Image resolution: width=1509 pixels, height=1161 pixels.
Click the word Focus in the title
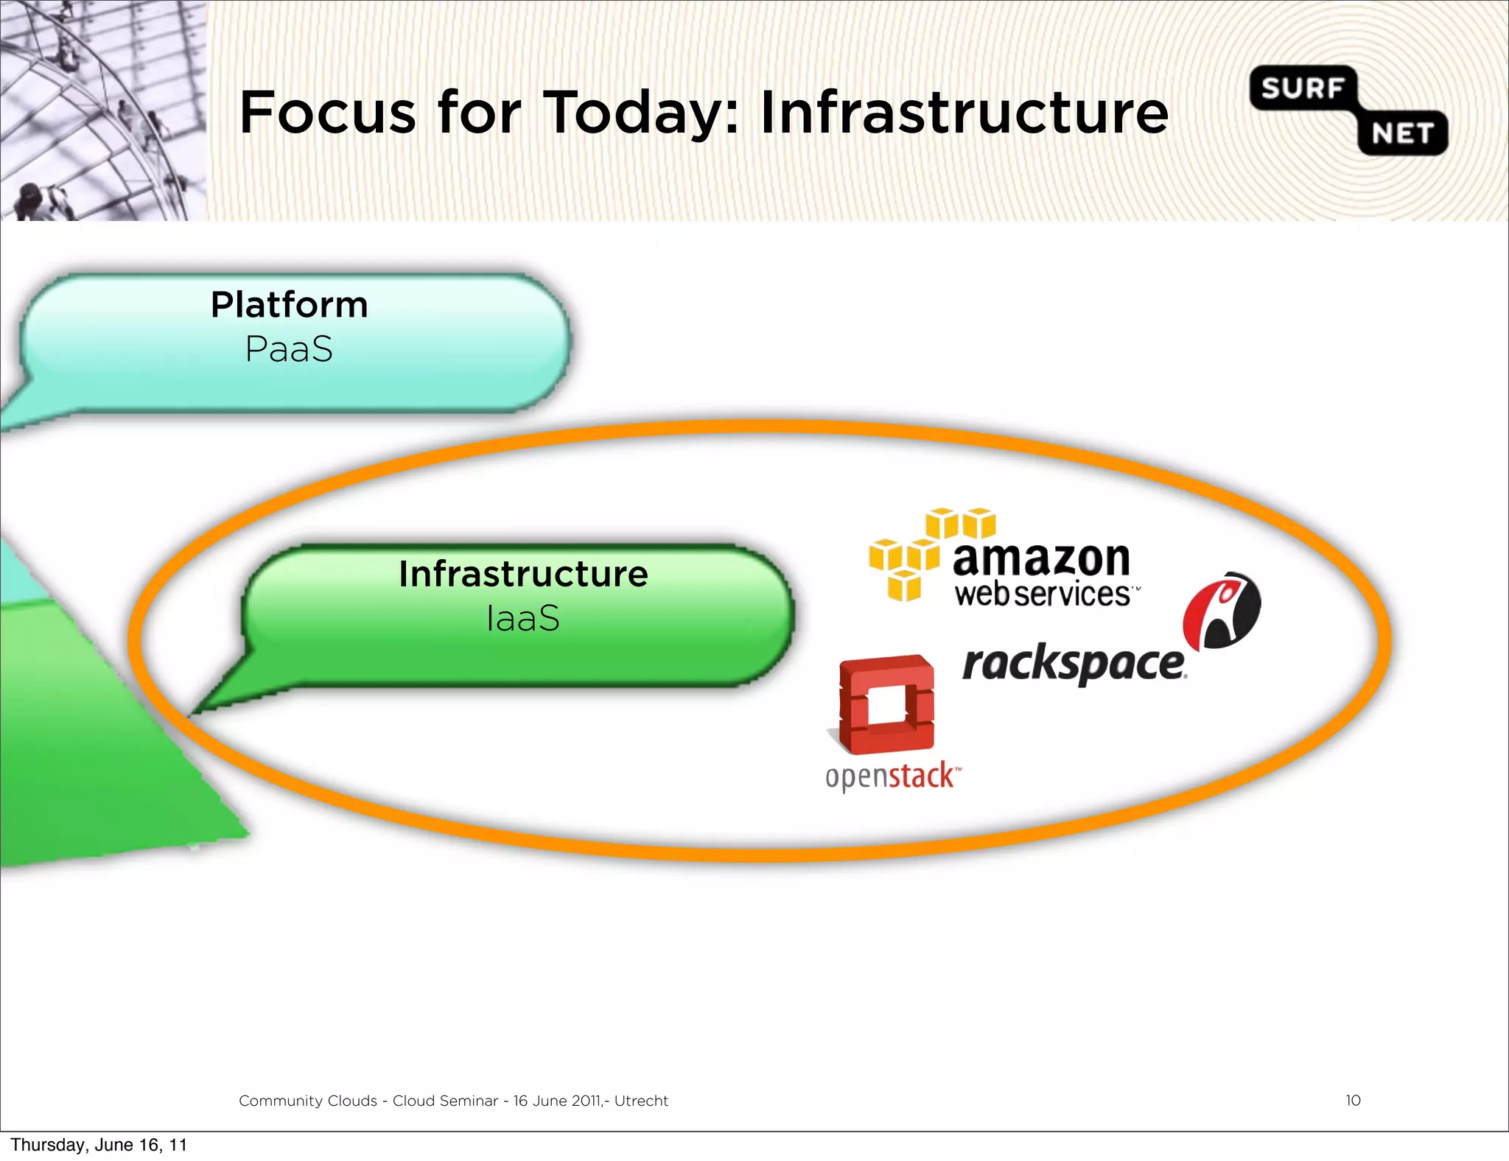click(328, 113)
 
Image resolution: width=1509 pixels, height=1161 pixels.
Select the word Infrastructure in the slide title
click(964, 113)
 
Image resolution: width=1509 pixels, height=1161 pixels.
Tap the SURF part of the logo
click(1302, 88)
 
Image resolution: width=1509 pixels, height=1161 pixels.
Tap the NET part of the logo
click(1401, 134)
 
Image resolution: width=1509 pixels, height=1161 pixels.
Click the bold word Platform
click(289, 305)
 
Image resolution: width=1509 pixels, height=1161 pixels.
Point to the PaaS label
click(289, 349)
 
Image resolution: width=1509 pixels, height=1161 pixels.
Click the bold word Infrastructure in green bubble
click(523, 574)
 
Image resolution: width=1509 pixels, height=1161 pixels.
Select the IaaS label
click(523, 618)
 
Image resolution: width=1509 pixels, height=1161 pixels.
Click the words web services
click(1042, 594)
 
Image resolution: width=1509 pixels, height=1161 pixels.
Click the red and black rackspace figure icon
click(1222, 610)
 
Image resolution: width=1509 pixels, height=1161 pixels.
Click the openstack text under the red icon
click(892, 776)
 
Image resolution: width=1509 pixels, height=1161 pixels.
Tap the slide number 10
click(1353, 1100)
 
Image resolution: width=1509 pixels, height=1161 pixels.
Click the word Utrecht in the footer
click(641, 1101)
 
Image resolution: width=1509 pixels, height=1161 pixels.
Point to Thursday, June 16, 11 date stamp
click(99, 1144)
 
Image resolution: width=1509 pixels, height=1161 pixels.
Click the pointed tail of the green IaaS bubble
click(221, 696)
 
